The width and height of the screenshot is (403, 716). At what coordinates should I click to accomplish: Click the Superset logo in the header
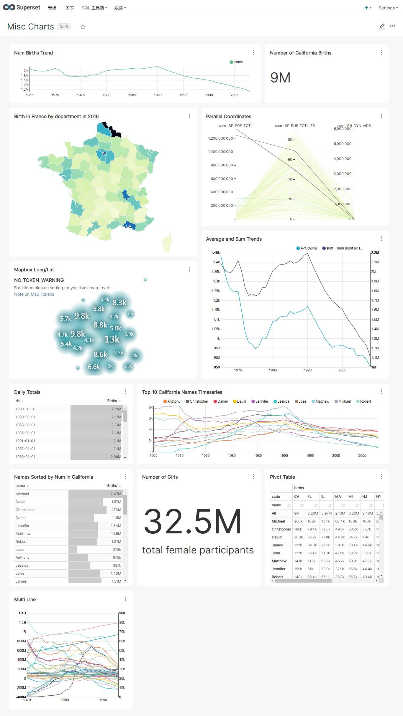22,8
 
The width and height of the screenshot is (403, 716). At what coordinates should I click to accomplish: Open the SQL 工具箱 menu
94,8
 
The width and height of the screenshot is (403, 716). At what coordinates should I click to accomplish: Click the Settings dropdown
388,8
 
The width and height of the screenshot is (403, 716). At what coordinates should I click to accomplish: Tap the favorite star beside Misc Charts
83,27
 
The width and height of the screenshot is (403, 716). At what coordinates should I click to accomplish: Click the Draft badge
64,27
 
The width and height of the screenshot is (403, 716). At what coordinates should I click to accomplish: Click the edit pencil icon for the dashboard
382,27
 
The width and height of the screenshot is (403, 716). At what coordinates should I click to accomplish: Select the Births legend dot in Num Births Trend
231,62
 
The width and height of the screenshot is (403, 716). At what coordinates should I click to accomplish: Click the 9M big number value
280,78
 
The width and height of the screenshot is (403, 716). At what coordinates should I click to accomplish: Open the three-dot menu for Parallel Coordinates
381,116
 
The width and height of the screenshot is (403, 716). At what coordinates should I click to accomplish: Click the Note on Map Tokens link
34,294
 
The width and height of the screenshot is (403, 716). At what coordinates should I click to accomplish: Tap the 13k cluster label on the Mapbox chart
112,339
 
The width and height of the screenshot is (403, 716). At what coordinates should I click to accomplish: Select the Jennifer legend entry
260,401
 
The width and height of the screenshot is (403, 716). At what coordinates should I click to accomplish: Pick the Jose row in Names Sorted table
20,550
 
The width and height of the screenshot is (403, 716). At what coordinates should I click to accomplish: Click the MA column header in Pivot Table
338,497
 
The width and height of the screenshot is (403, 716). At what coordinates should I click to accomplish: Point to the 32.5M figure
193,522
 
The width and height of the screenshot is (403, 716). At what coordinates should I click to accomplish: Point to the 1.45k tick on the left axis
215,253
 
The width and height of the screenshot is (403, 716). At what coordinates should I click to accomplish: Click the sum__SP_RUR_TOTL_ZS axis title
295,126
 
